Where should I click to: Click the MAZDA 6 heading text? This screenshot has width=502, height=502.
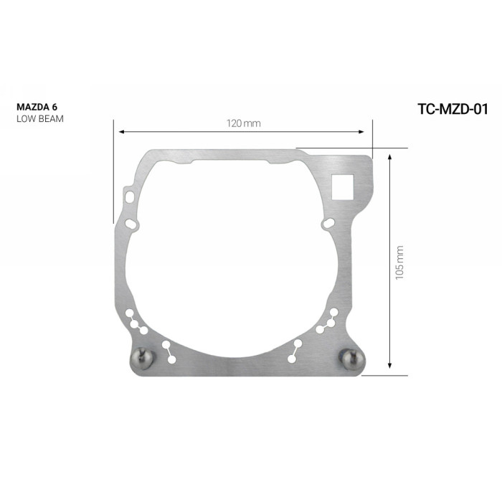click(37, 107)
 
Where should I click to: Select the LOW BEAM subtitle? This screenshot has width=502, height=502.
click(40, 119)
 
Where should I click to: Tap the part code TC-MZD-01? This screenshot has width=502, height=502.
click(453, 109)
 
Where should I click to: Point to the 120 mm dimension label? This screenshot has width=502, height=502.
click(244, 123)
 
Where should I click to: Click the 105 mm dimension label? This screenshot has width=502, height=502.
click(399, 263)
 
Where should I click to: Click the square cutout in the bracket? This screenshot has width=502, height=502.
click(343, 186)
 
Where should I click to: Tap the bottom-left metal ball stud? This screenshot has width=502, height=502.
click(143, 359)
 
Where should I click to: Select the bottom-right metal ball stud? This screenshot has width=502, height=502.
click(353, 359)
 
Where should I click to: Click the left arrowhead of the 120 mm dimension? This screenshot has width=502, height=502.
click(122, 131)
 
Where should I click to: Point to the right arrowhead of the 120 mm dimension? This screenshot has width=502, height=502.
click(361, 131)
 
